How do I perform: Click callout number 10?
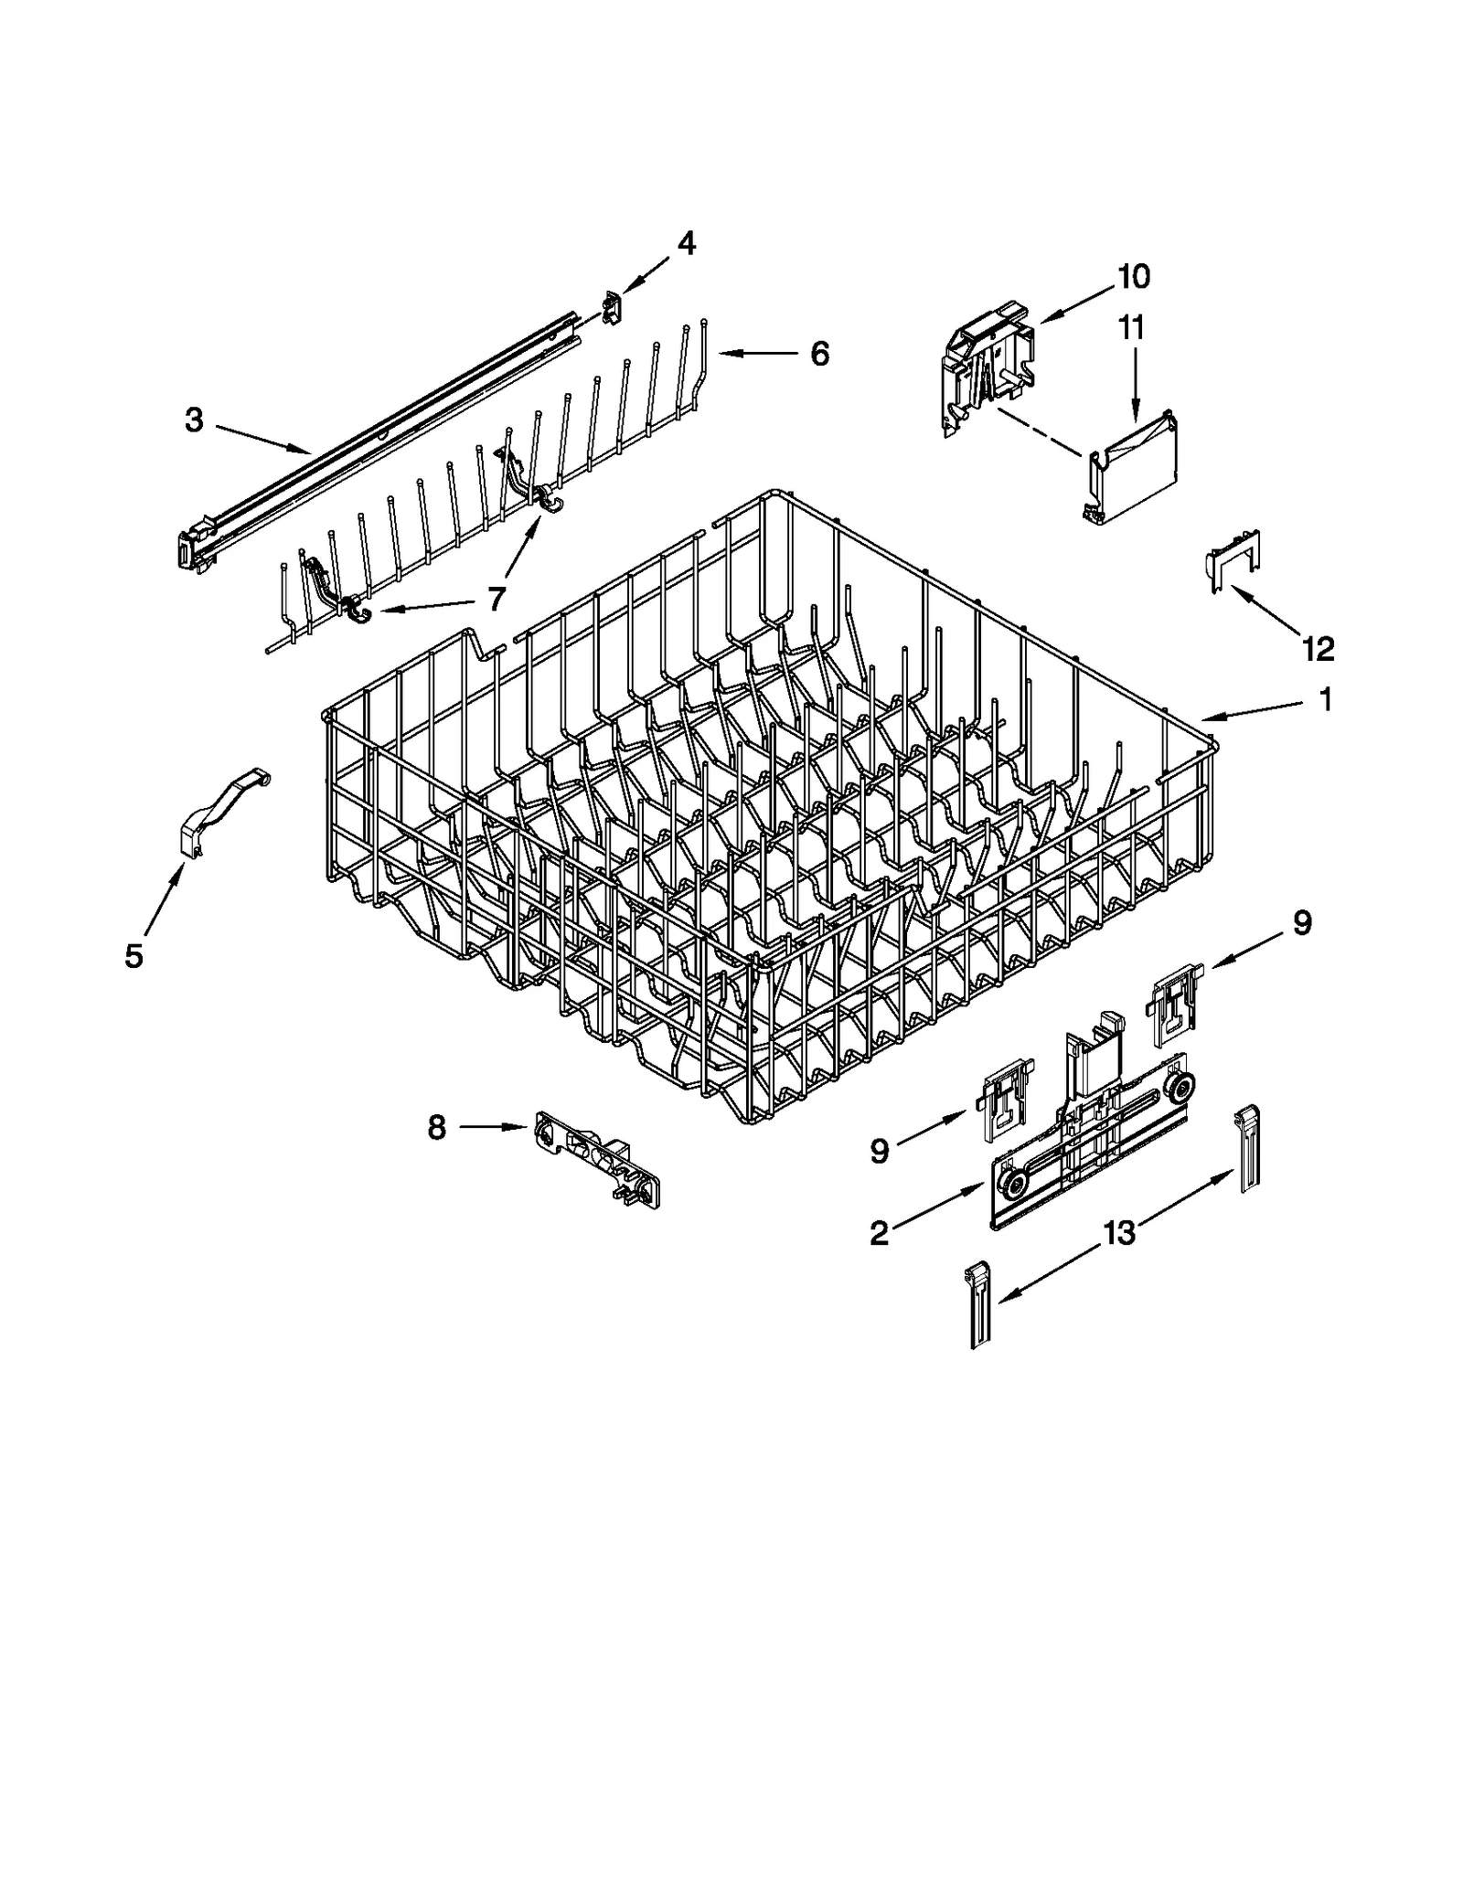point(1133,276)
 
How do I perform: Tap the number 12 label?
point(1319,649)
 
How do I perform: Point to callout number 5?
point(133,956)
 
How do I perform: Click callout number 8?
point(437,1128)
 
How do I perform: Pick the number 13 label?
point(1118,1233)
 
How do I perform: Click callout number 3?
point(194,420)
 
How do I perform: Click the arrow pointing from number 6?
point(754,353)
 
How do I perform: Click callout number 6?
point(819,354)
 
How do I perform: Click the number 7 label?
point(496,599)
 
